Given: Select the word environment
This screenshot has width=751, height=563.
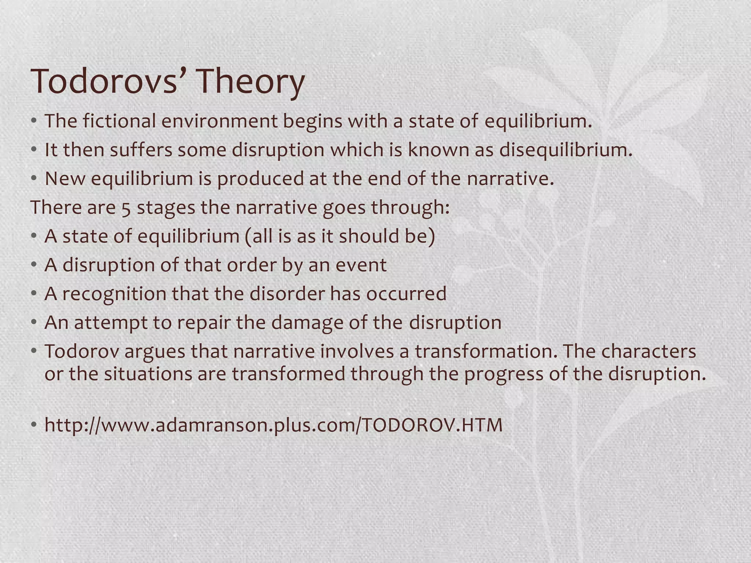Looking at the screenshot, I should tap(219, 121).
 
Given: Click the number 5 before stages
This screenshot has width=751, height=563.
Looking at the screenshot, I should tap(126, 208).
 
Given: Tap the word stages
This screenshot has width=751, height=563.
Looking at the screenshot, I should tap(166, 208).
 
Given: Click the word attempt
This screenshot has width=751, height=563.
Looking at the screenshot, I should tap(105, 323).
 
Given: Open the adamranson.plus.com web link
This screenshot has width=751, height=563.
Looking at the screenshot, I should tap(273, 425).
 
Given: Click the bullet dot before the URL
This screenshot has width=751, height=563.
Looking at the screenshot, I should tap(34, 425).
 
